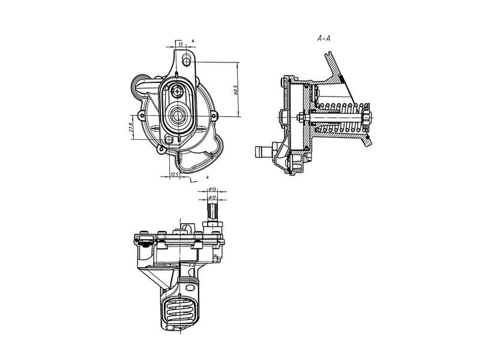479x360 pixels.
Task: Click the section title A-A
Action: (324, 39)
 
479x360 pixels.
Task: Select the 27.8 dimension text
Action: (130, 127)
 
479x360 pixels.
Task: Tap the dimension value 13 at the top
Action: (180, 43)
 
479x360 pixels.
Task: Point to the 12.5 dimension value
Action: (175, 175)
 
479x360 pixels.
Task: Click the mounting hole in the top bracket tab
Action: (187, 61)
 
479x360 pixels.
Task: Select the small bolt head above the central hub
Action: (179, 91)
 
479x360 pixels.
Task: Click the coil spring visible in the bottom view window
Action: (179, 313)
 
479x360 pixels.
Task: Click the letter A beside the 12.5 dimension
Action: (206, 178)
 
